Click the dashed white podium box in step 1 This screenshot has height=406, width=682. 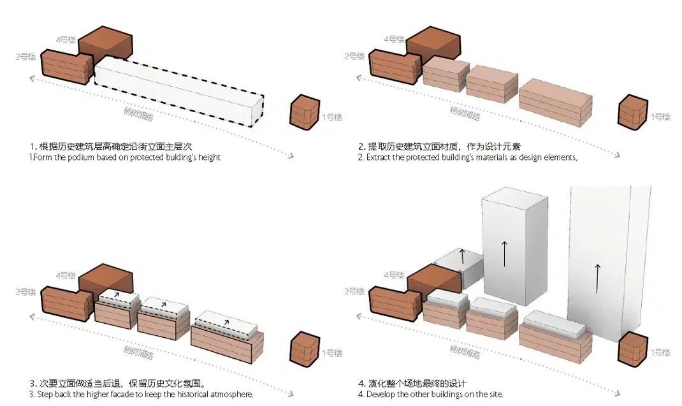click(178, 89)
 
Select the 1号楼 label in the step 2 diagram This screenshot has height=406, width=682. click(660, 117)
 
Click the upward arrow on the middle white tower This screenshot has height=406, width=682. click(504, 253)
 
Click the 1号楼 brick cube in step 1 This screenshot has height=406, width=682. click(305, 112)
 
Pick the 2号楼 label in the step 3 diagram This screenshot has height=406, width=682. click(25, 293)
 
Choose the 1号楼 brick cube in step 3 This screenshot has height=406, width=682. click(305, 349)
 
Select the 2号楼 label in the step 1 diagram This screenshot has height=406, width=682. click(25, 56)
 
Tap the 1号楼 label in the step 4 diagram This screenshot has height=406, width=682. click(660, 352)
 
